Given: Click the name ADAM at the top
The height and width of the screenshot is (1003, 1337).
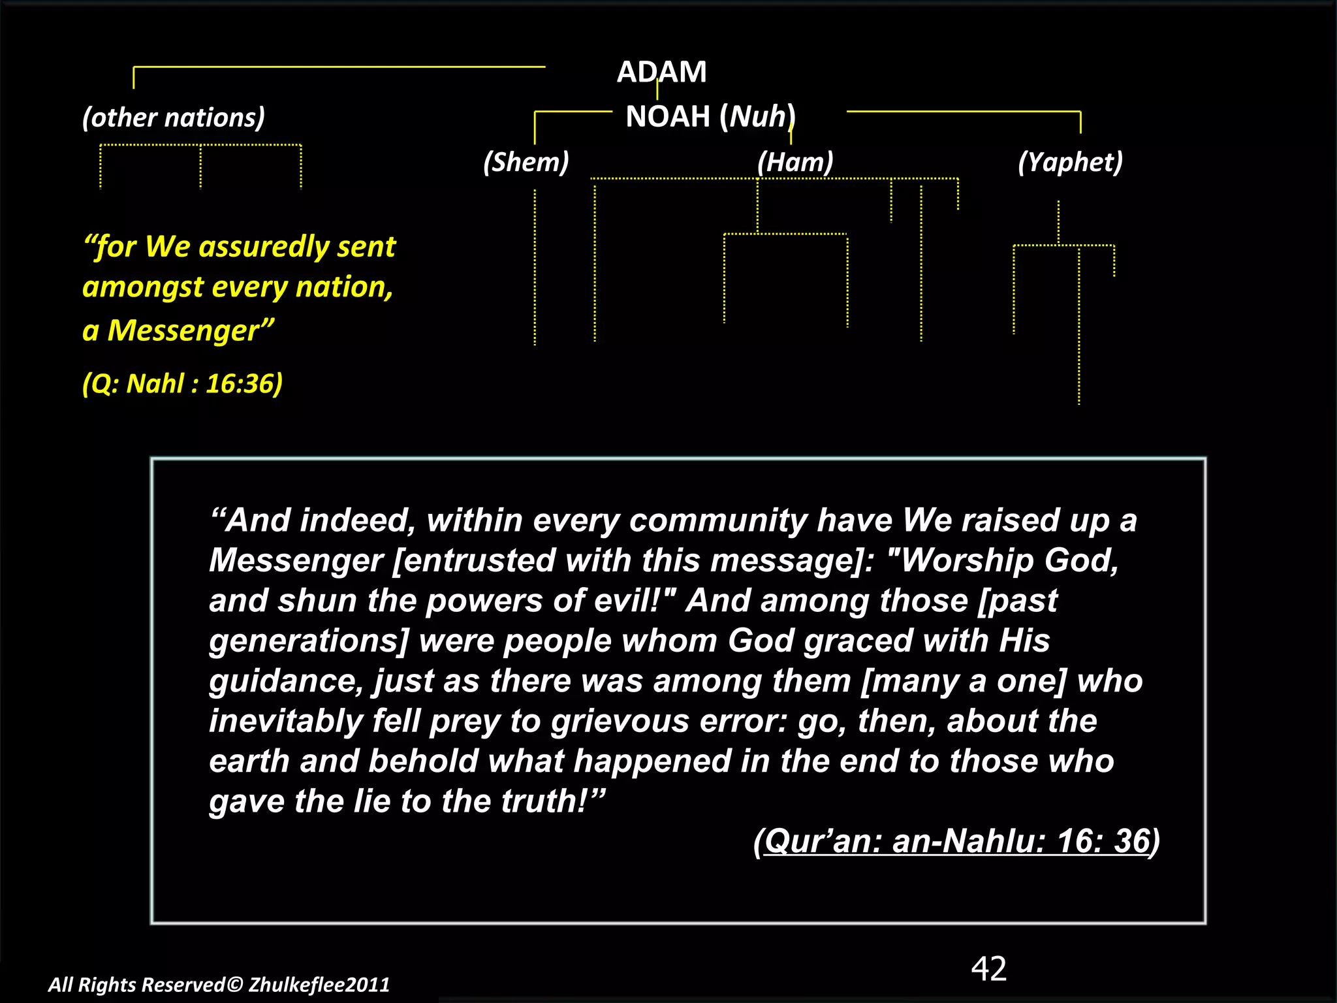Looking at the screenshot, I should pyautogui.click(x=661, y=72).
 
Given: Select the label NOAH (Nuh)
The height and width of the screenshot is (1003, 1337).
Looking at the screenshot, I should pyautogui.click(x=710, y=117).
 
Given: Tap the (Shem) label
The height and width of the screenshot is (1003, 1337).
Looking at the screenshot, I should pyautogui.click(x=526, y=162).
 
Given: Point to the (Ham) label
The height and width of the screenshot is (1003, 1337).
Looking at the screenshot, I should pyautogui.click(x=795, y=162).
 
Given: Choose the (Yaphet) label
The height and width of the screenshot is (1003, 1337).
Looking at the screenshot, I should pyautogui.click(x=1070, y=162).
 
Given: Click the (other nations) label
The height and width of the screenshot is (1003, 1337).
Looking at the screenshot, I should pyautogui.click(x=174, y=118).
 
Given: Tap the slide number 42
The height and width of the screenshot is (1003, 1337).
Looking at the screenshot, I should pyautogui.click(x=988, y=968).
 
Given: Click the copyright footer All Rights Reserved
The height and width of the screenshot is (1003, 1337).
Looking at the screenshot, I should pyautogui.click(x=219, y=985).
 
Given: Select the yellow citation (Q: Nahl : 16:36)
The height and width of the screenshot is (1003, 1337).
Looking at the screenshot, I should pyautogui.click(x=182, y=383).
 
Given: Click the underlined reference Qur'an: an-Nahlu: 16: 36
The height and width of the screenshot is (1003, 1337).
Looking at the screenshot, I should pyautogui.click(x=956, y=841).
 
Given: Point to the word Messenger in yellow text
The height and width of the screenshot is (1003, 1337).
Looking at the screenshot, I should pyautogui.click(x=183, y=330).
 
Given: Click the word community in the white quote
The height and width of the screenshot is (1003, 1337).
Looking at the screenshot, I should pyautogui.click(x=718, y=521).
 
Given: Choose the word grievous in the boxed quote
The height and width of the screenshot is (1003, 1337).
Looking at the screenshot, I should pyautogui.click(x=620, y=722).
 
